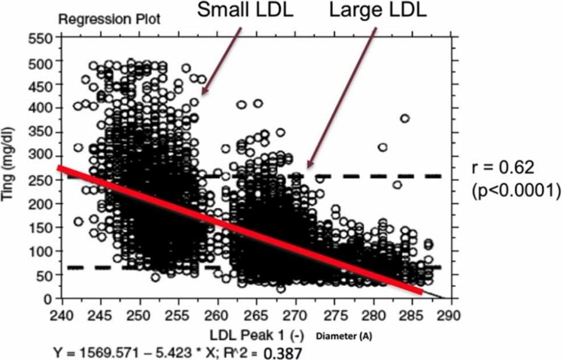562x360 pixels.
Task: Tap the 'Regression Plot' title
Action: (109, 19)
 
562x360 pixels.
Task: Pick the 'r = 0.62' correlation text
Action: (502, 169)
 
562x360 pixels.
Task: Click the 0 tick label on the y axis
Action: (50, 299)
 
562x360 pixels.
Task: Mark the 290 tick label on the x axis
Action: (452, 316)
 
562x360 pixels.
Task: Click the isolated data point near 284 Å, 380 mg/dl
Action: (405, 118)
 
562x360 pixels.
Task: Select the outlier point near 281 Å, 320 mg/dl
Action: (382, 147)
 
